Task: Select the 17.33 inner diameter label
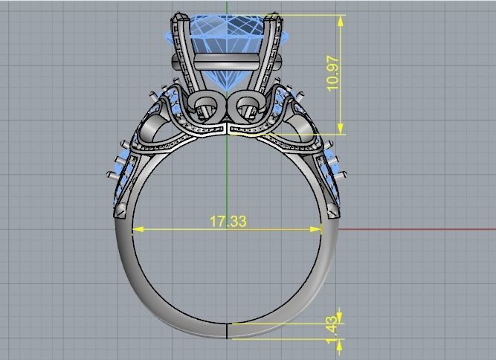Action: click(x=228, y=221)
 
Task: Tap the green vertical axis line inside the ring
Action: click(x=227, y=179)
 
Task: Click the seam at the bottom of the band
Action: click(x=227, y=331)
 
